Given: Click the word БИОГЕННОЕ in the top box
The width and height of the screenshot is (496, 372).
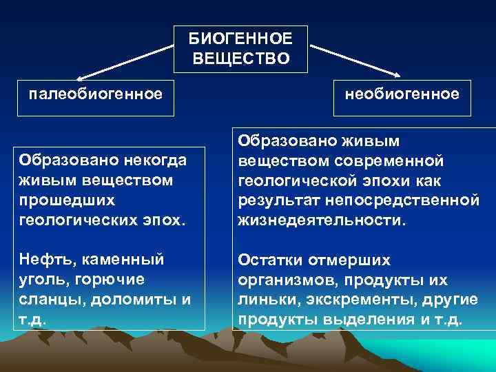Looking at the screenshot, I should point(240,40).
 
